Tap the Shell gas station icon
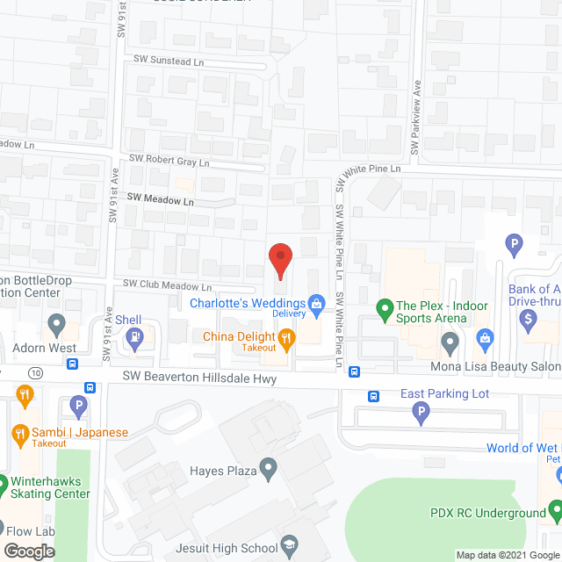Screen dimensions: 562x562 (134, 337)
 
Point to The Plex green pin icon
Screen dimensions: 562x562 (384, 307)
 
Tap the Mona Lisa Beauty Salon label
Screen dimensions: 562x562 (494, 366)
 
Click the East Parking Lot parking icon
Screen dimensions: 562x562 (421, 411)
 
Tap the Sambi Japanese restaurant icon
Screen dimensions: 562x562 (20, 433)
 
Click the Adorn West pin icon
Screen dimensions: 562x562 (57, 327)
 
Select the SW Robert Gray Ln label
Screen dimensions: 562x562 (169, 162)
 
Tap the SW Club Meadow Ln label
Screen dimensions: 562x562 (167, 285)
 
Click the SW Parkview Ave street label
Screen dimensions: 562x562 (418, 114)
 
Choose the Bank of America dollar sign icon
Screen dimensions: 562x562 (529, 321)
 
